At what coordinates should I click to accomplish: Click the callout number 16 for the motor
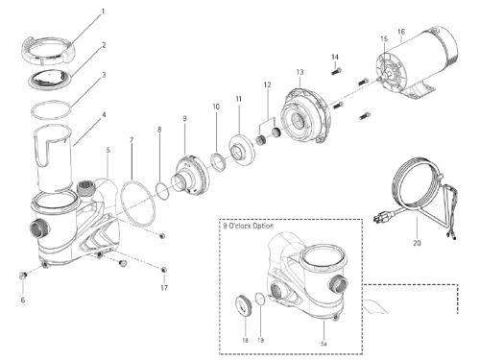[x=400, y=33]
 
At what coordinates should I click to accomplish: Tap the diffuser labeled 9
[x=186, y=165]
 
